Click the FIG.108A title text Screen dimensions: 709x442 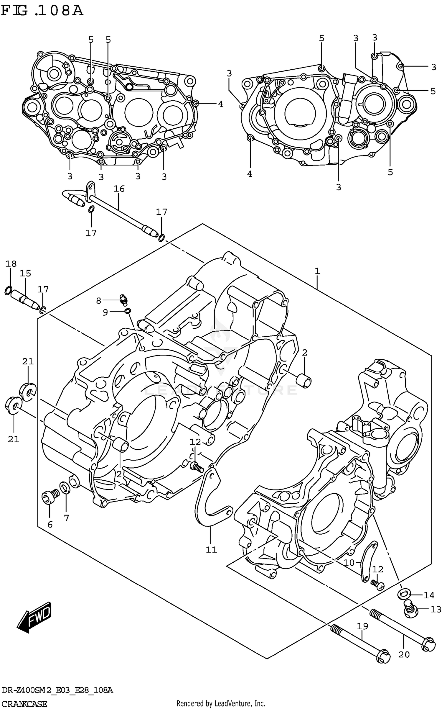point(42,11)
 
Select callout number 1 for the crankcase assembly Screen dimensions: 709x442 point(317,271)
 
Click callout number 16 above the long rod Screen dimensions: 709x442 point(119,189)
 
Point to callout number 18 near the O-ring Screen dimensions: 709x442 point(11,264)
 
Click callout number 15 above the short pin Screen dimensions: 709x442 point(26,273)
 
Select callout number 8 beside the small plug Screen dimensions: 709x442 point(98,301)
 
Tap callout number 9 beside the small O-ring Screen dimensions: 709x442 point(105,312)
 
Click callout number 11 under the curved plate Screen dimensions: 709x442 point(211,549)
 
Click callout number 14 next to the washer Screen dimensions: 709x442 point(429,595)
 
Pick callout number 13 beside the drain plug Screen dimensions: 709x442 point(436,609)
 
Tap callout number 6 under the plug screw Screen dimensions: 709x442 point(50,524)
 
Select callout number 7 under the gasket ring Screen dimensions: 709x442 point(67,518)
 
